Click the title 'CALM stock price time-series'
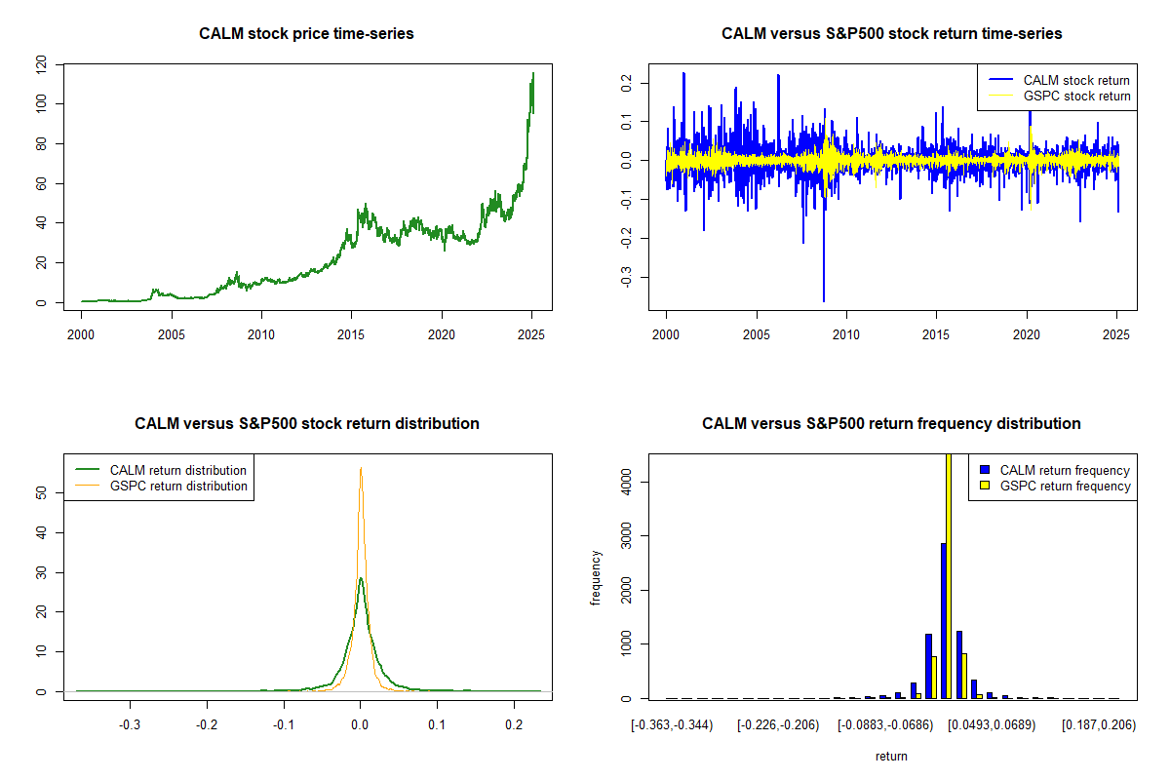[306, 34]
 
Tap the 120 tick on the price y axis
[41, 64]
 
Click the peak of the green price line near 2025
[532, 74]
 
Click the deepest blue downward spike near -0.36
[824, 300]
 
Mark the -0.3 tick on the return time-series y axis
[625, 277]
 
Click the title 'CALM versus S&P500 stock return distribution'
[306, 424]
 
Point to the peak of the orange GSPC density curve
[361, 469]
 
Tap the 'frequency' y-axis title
[596, 578]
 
